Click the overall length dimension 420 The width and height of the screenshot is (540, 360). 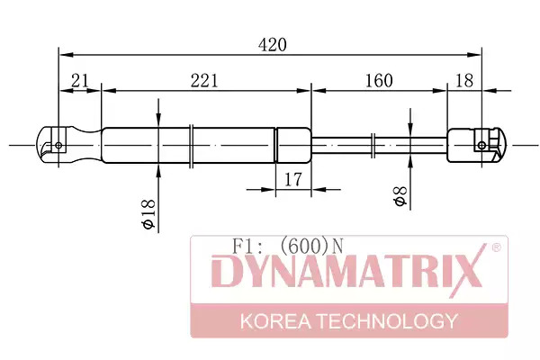[272, 45]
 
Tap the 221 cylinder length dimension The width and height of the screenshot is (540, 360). [204, 81]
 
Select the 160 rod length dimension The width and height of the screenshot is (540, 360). [379, 81]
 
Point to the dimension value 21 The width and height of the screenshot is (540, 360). [80, 81]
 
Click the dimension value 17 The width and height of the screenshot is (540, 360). [293, 180]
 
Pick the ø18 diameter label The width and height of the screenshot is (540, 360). [148, 213]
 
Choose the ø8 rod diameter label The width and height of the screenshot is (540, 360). [400, 195]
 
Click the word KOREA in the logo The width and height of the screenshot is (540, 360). [275, 321]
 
